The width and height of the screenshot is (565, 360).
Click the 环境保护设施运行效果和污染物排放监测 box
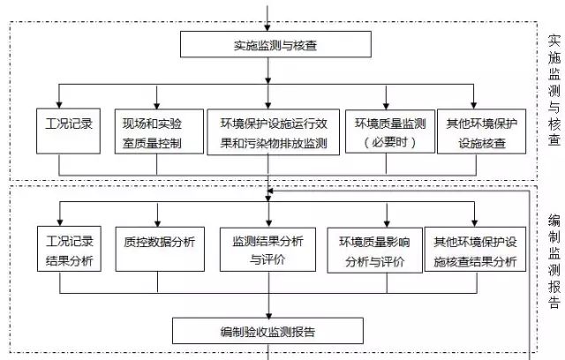274,131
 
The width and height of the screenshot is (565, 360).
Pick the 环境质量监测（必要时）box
390,131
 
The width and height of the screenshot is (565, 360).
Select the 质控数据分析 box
159,241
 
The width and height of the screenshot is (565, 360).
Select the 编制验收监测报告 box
268,332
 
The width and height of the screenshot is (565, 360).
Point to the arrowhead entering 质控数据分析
159,220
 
